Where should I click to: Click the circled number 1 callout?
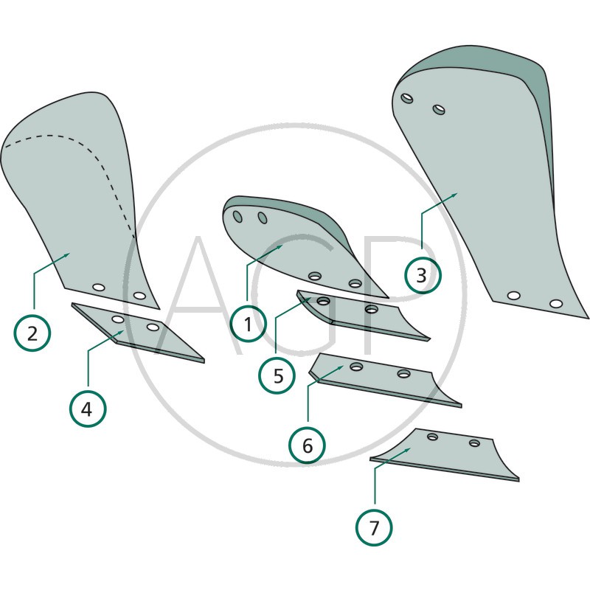point(249,324)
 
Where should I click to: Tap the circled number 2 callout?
point(32,333)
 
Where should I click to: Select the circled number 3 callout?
point(422,275)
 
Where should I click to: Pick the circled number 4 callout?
point(88,409)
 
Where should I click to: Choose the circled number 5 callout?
point(277,375)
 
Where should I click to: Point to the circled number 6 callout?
point(307,445)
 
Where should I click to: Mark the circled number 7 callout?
point(374,528)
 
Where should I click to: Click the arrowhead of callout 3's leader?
point(454,195)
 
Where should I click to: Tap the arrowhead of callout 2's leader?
point(67,255)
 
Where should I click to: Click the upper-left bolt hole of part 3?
point(407,98)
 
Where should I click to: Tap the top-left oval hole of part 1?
point(237,217)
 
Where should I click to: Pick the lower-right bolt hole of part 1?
point(355,283)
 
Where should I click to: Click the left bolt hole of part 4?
point(118,319)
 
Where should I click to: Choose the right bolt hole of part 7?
point(474,443)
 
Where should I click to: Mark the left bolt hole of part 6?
point(356,366)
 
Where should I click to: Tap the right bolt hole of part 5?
point(372,309)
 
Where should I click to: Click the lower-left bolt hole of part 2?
point(99,287)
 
